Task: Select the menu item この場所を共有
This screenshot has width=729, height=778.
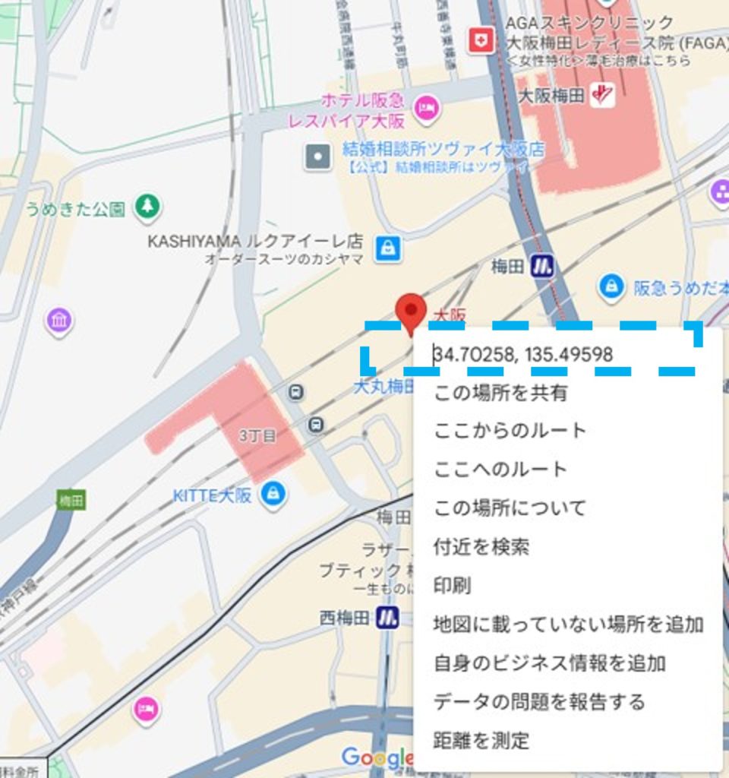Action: [x=500, y=393]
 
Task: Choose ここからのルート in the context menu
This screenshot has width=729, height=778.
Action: [x=510, y=430]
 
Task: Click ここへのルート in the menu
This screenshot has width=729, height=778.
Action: [x=500, y=469]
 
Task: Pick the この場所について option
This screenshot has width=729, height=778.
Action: [x=510, y=507]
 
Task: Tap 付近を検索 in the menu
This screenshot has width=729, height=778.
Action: [x=481, y=546]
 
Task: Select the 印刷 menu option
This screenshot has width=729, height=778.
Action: [x=452, y=585]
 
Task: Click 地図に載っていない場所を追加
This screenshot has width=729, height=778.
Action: [x=567, y=624]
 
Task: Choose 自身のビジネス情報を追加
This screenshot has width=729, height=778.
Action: [x=549, y=663]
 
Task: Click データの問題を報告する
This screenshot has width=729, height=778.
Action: [x=538, y=701]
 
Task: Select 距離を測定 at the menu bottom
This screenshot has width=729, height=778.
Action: [x=481, y=739]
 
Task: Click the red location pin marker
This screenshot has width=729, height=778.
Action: [x=411, y=311]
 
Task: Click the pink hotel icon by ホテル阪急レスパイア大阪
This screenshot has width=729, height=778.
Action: [x=427, y=107]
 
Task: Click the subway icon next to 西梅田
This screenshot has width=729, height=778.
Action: [x=387, y=617]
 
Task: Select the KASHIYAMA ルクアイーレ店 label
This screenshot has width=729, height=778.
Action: [x=255, y=242]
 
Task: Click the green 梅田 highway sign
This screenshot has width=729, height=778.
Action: [x=71, y=499]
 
